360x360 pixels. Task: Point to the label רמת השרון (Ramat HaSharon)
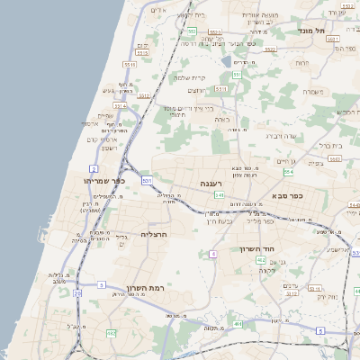[x=144, y=277]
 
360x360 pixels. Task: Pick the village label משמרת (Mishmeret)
[x=314, y=91]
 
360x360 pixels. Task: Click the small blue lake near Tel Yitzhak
[x=240, y=63]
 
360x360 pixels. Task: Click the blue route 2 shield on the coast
[x=94, y=168]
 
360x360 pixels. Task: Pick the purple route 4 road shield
[x=213, y=255]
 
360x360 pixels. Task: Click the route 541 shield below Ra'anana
[x=219, y=194]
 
